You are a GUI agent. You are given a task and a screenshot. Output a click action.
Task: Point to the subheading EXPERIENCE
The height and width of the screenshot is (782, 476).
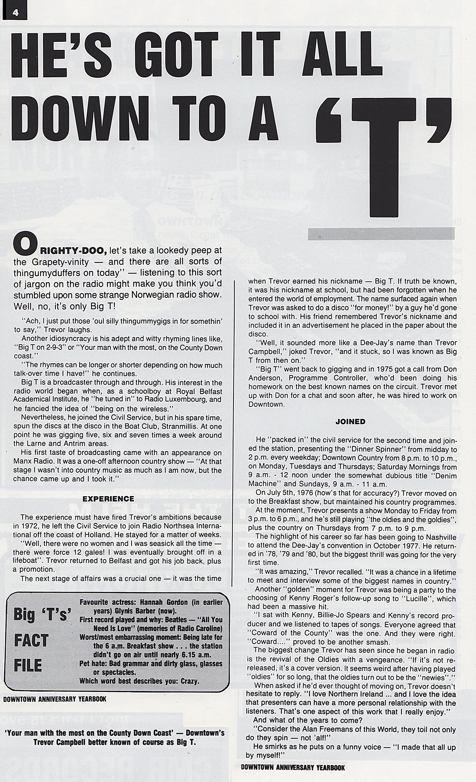click(x=108, y=499)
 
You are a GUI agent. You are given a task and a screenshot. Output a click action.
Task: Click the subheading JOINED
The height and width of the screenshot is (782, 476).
click(x=350, y=422)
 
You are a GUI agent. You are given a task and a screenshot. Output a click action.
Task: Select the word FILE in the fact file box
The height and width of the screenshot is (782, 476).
click(x=28, y=665)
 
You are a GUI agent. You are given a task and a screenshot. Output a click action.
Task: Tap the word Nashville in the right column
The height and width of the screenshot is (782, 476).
click(x=437, y=537)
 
